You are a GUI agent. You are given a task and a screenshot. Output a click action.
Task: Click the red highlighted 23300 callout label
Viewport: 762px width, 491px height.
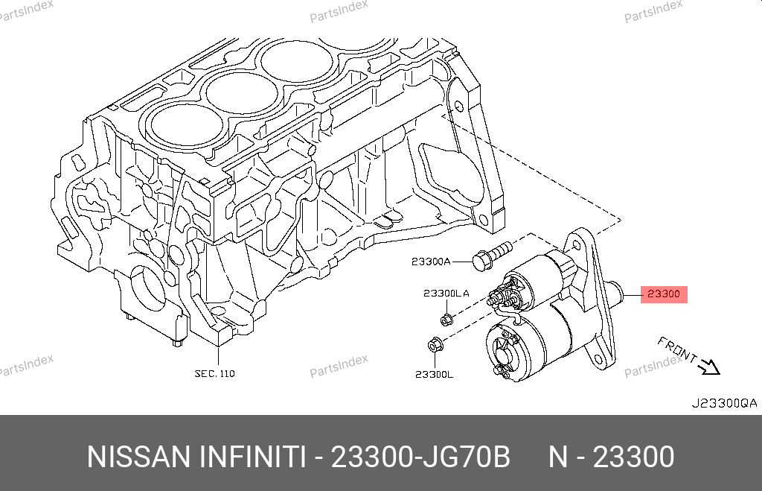coord(664,294)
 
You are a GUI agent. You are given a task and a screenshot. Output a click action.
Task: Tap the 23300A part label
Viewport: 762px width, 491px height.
coord(431,262)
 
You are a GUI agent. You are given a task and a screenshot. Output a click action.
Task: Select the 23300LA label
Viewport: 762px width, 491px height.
coord(446,294)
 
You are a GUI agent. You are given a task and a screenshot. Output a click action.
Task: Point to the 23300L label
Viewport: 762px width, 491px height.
coord(434,374)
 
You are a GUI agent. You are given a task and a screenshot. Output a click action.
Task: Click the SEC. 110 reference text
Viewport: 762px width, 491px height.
coord(214,374)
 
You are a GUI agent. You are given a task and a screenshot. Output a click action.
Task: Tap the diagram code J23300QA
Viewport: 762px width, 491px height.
coord(724,403)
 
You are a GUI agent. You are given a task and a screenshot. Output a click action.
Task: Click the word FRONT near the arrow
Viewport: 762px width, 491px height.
coord(677,349)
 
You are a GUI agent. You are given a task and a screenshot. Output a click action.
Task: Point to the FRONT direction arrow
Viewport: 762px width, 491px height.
coord(709,367)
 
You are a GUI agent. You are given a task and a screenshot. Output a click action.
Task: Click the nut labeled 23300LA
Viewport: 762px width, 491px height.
coord(447,319)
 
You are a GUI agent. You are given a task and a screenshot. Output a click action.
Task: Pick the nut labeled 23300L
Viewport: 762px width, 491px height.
coord(435,345)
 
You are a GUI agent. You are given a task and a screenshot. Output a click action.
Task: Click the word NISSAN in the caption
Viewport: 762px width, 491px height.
coord(138,457)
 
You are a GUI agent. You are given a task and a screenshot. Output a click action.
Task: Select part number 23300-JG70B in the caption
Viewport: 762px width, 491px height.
coord(420,457)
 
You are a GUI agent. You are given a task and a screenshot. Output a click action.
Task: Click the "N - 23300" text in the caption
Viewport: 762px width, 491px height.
coord(612,457)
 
